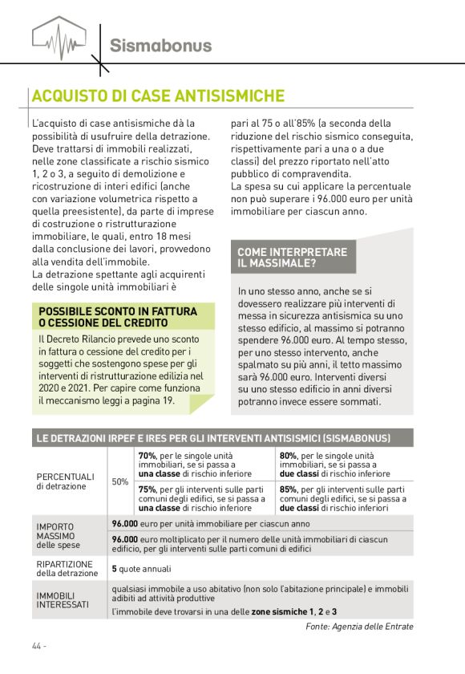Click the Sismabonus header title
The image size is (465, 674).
(161, 45)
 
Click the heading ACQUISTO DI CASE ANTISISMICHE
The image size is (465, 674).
(158, 96)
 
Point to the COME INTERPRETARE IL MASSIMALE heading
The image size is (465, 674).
(292, 257)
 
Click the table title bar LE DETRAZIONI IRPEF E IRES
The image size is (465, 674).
(212, 438)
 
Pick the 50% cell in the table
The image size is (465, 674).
(119, 481)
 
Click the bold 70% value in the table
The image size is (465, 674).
(147, 456)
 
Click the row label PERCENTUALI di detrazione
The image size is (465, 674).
(65, 481)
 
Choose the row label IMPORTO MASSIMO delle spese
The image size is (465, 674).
(57, 536)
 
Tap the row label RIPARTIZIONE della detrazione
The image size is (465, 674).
(65, 568)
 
